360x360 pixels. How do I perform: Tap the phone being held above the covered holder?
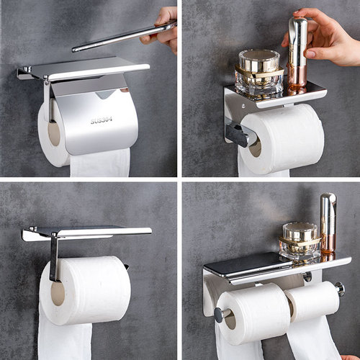(x=122, y=37)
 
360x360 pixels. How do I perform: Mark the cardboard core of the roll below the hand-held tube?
(x=255, y=147)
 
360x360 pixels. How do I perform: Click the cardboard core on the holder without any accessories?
(x=58, y=292)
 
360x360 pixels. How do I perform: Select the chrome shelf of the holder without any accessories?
(x=86, y=232)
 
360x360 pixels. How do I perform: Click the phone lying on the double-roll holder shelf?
(x=238, y=264)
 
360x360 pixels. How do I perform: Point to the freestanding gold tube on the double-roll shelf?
(x=328, y=223)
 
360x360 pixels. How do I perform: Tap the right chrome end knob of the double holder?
(x=339, y=289)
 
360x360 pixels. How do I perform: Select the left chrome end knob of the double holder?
(x=218, y=315)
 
